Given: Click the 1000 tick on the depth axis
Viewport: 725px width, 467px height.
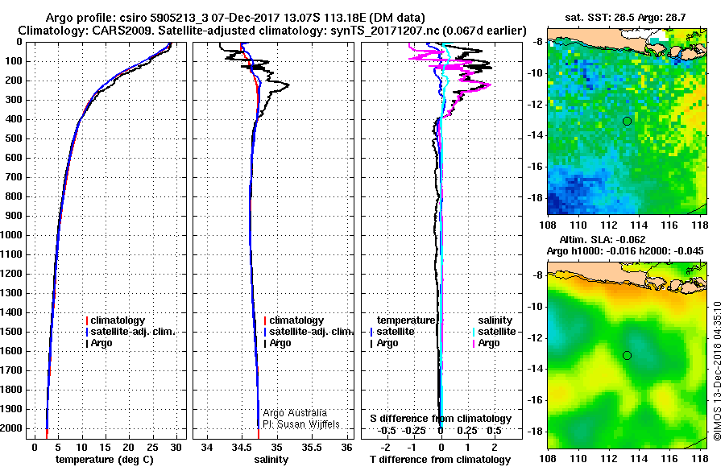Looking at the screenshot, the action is coord(13,235).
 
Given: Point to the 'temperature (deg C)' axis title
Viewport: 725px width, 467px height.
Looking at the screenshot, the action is coord(105,460).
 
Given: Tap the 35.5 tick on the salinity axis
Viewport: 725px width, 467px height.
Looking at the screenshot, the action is coord(312,448).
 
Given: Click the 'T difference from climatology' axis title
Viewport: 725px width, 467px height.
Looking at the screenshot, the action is coord(440,460).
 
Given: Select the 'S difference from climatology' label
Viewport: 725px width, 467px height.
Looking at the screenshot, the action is coord(441,419).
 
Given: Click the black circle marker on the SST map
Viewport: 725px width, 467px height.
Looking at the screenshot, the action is coord(627,121).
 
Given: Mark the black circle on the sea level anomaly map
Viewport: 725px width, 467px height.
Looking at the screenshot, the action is coord(627,355).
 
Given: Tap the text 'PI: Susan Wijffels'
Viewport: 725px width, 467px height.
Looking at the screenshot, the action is coord(301,424).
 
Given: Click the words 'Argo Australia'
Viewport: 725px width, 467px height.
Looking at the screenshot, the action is coord(295,413).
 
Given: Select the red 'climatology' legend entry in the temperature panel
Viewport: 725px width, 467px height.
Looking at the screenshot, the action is coord(115,320).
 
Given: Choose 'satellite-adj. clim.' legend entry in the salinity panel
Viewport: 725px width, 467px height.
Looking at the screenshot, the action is coord(309,332).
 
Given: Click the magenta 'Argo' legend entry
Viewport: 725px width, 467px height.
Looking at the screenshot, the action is coord(486,343).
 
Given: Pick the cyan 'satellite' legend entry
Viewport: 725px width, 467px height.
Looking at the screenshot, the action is coord(495,332).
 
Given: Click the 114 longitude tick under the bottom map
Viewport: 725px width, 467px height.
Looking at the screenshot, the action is coord(639,459).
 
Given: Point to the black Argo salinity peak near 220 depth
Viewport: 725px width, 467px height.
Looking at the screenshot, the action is coord(288,85).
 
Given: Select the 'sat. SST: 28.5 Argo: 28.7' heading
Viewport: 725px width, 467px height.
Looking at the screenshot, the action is coord(625,18).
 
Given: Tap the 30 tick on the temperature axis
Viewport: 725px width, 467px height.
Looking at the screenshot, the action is coord(176,448).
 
